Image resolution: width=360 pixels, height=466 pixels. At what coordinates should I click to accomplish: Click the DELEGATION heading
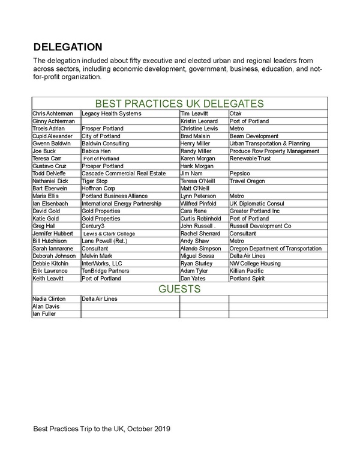67,47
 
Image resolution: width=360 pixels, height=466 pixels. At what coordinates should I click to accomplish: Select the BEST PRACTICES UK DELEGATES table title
180,103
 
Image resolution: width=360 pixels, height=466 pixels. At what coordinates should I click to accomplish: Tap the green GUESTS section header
179,289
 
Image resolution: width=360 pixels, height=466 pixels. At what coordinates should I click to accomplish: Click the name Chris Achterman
53,113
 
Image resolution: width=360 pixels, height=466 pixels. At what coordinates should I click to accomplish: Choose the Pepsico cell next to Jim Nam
241,174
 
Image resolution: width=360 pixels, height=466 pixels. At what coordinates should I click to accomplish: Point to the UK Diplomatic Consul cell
258,204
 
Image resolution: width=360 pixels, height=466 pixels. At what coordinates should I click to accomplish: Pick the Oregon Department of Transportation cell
277,249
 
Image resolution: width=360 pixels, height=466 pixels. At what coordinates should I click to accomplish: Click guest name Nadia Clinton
50,298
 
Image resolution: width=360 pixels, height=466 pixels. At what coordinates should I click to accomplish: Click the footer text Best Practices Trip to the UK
102,429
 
